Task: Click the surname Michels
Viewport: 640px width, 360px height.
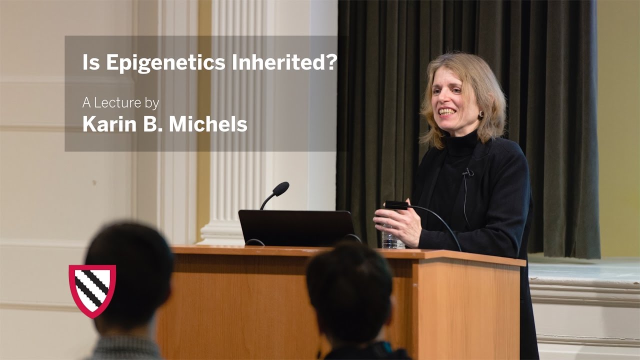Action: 208,124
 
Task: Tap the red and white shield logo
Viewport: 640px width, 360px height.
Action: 92,290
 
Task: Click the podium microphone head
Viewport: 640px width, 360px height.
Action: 280,188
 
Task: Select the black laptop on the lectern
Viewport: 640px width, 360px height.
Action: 296,227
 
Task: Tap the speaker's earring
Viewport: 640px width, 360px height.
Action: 481,114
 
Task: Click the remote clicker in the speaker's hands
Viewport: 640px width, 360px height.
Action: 396,205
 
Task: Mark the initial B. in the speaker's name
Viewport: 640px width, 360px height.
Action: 153,124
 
